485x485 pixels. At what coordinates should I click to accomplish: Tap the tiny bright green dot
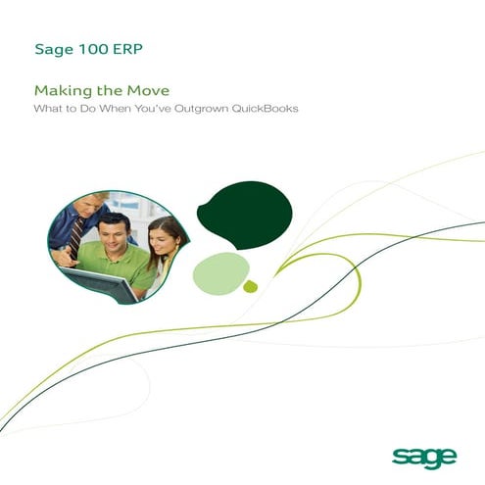250,287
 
